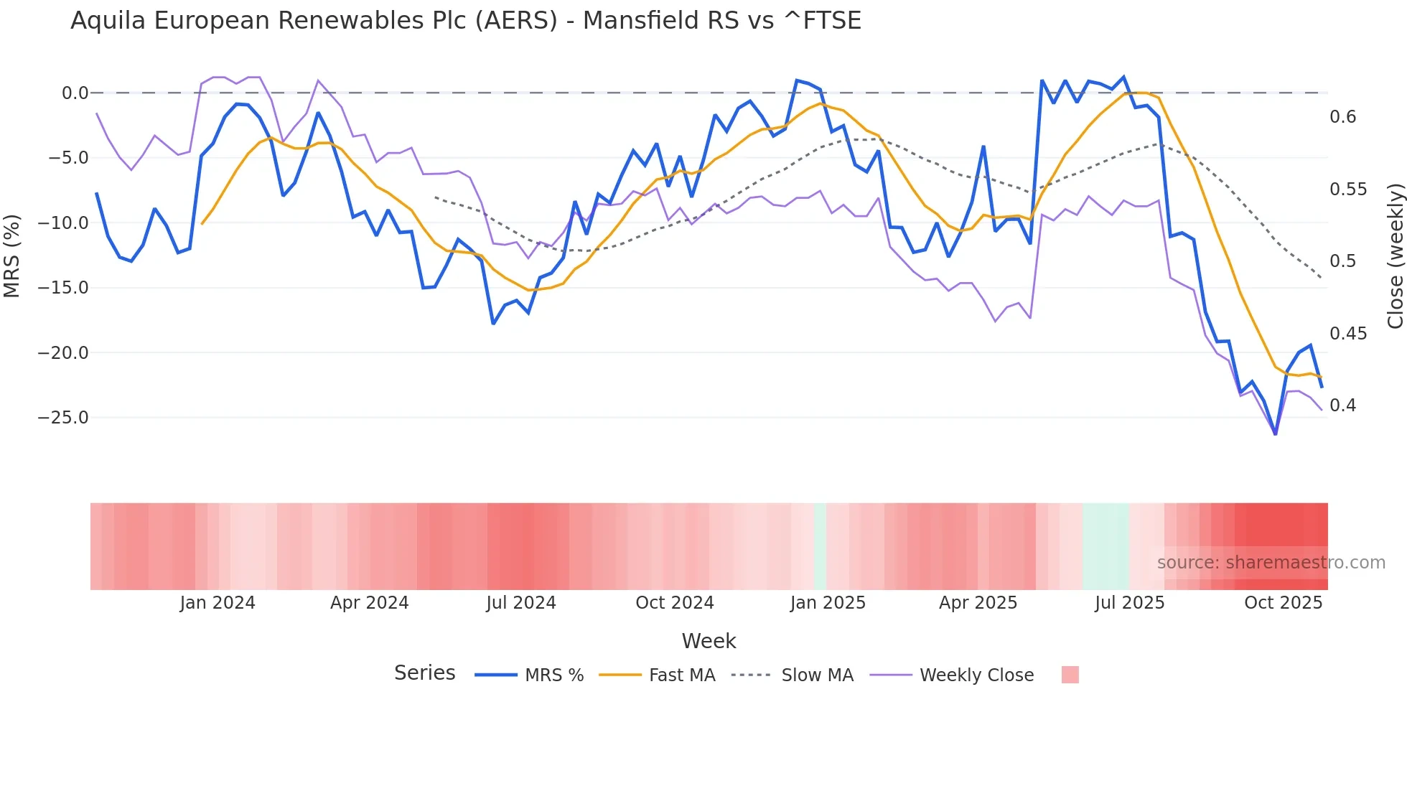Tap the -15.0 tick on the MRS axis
pos(63,288)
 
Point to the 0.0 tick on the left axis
pos(75,93)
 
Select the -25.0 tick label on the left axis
pos(63,418)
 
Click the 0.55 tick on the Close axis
pos(1348,189)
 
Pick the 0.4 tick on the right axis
pos(1342,406)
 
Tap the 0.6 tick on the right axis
pos(1342,117)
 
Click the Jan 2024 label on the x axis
pos(218,603)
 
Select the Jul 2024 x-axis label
pos(521,603)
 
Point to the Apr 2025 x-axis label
pos(978,603)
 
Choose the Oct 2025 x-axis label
pos(1283,603)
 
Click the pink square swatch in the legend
pos(1070,675)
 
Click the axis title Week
pos(709,641)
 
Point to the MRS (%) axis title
pos(12,256)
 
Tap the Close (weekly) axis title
pos(1395,256)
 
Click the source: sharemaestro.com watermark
pos(1271,563)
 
